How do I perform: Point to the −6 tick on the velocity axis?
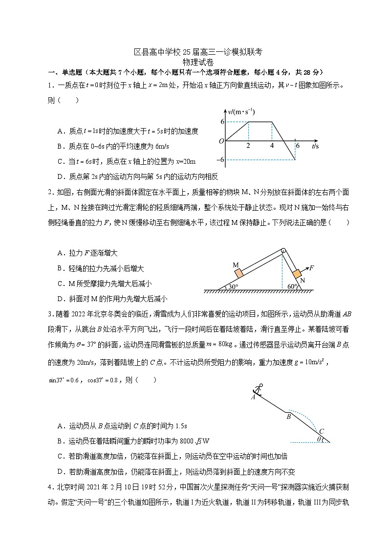tap(221, 160)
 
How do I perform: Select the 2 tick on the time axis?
tap(248, 146)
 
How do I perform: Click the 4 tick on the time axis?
tap(272, 146)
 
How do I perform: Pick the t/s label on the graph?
tap(315, 145)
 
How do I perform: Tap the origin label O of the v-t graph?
tap(221, 141)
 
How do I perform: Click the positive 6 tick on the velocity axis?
tap(222, 122)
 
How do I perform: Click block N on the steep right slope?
tap(296, 273)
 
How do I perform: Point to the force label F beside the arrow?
tap(312, 267)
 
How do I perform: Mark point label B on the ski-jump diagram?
tap(288, 417)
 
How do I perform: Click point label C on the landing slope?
tap(321, 431)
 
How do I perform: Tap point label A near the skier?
tap(253, 397)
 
